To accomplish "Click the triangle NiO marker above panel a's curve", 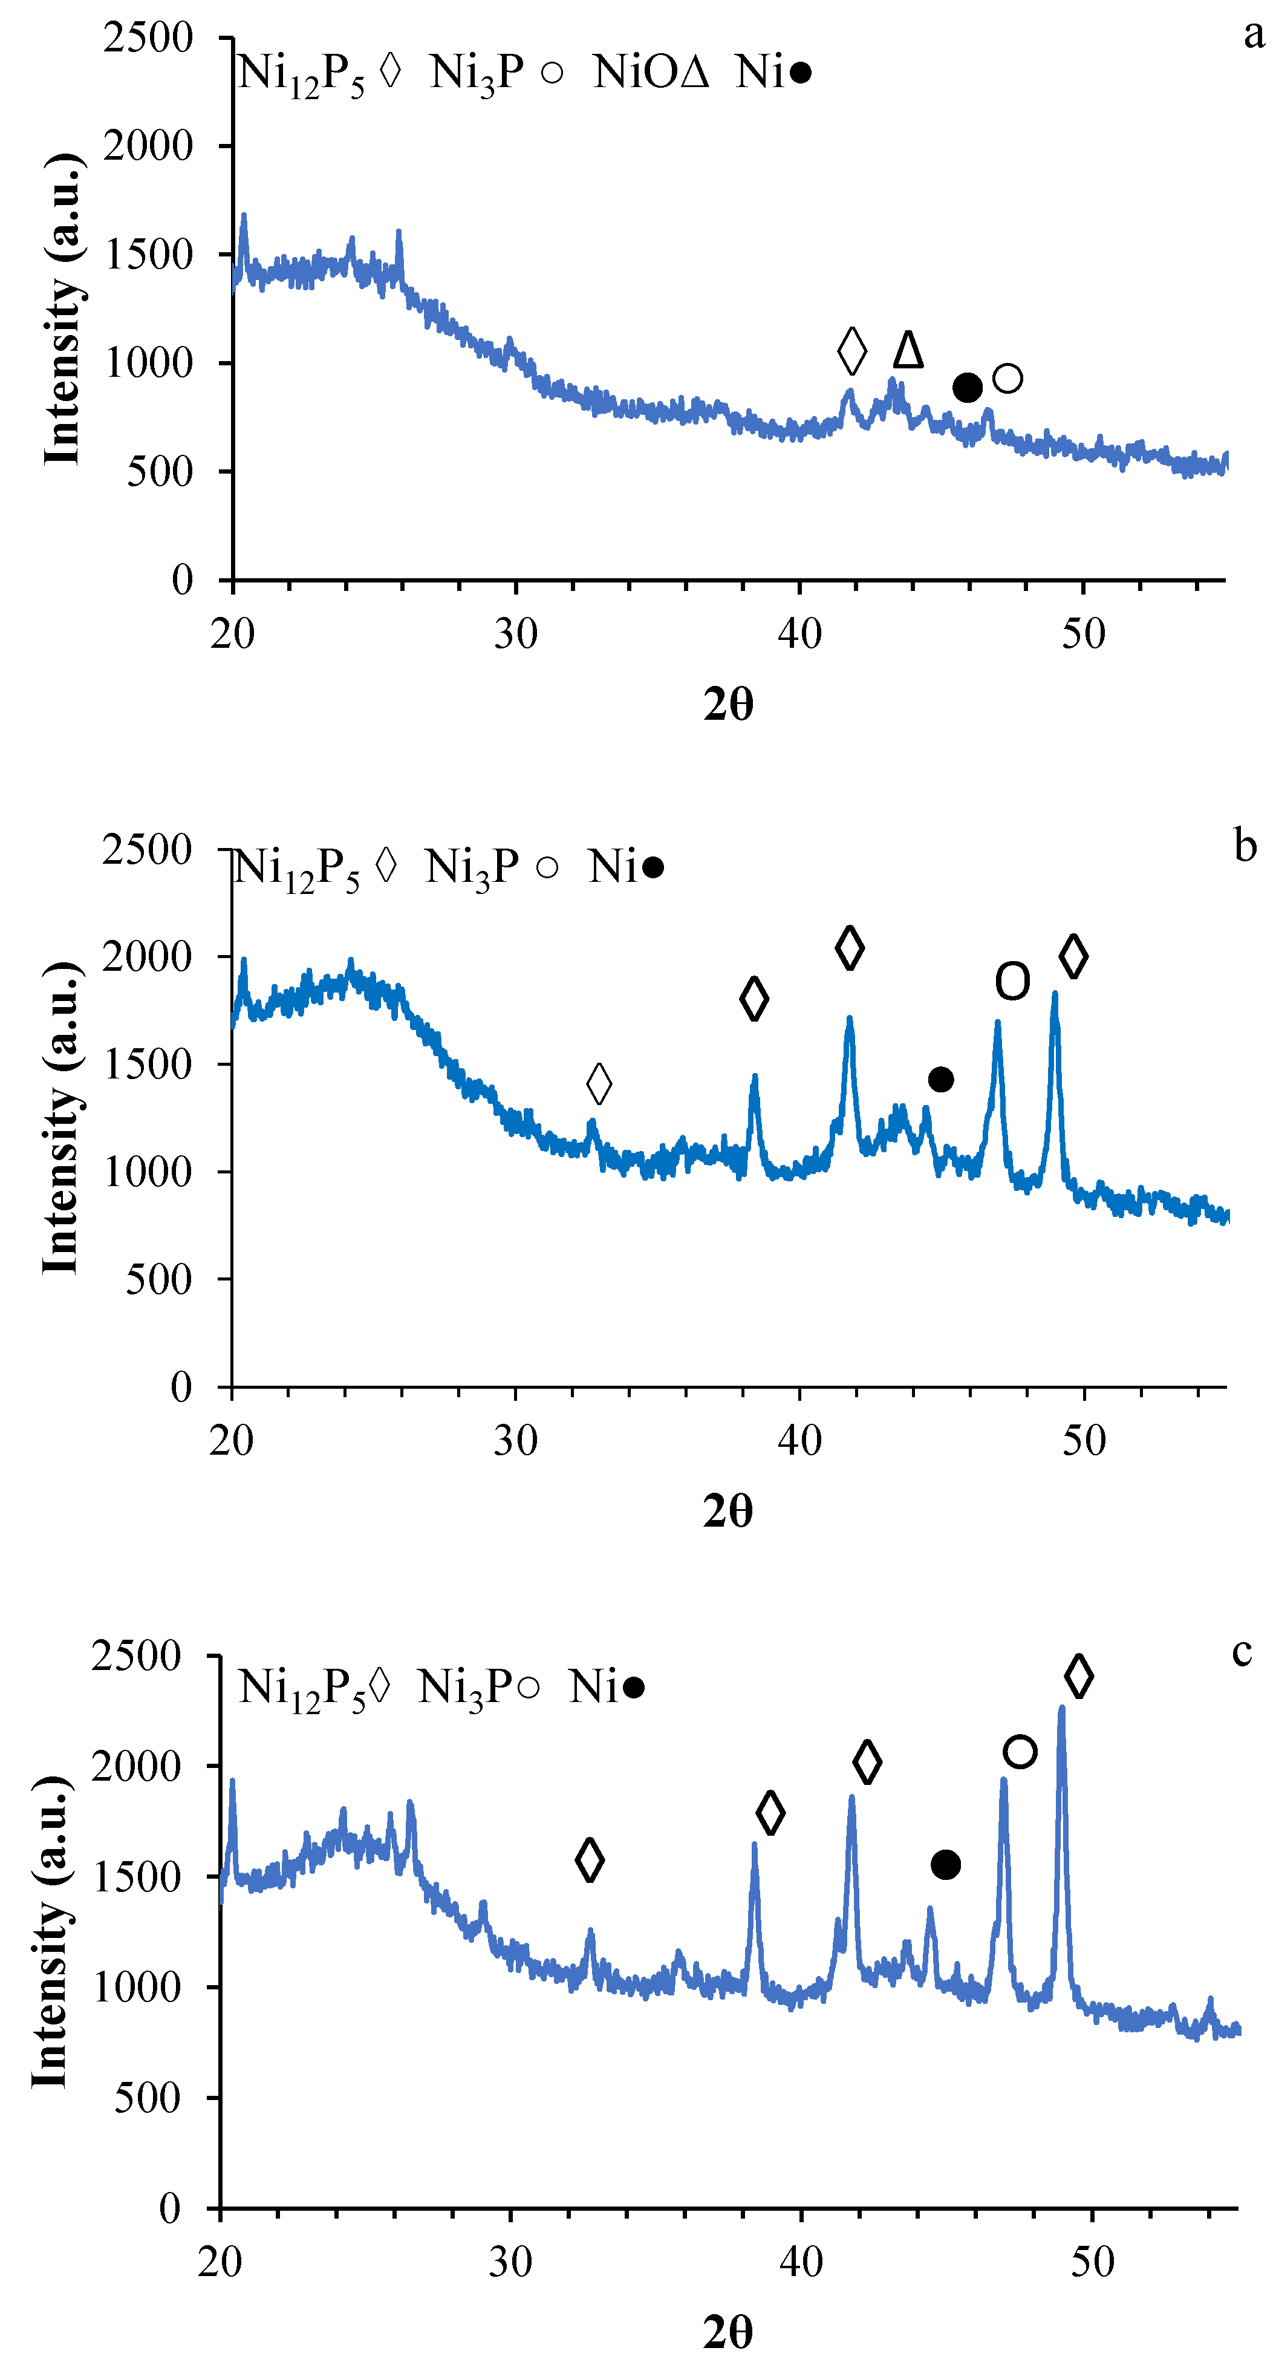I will coord(908,350).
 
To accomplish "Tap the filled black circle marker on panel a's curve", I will coord(967,388).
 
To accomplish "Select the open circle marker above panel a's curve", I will coord(1007,378).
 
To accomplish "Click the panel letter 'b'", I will coord(1245,846).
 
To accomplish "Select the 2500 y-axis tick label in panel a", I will coord(147,39).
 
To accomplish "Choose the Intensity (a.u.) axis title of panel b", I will coord(60,1117).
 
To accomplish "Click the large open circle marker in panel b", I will coord(1012,982).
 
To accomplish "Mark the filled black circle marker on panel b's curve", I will coord(940,1079).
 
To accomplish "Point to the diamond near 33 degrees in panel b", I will coord(599,1084).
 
